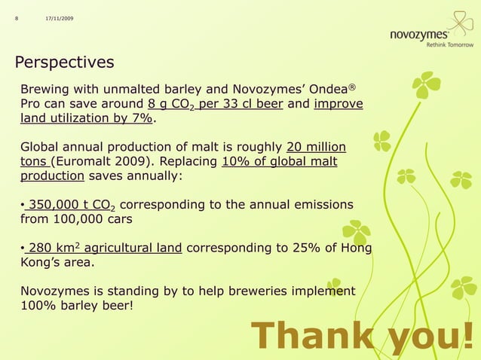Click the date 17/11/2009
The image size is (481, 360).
pyautogui.click(x=59, y=17)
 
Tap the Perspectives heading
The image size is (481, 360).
pyautogui.click(x=64, y=62)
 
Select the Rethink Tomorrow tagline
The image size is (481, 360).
pyautogui.click(x=450, y=45)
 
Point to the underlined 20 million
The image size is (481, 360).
pyautogui.click(x=316, y=146)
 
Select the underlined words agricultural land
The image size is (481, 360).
pyautogui.click(x=133, y=249)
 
